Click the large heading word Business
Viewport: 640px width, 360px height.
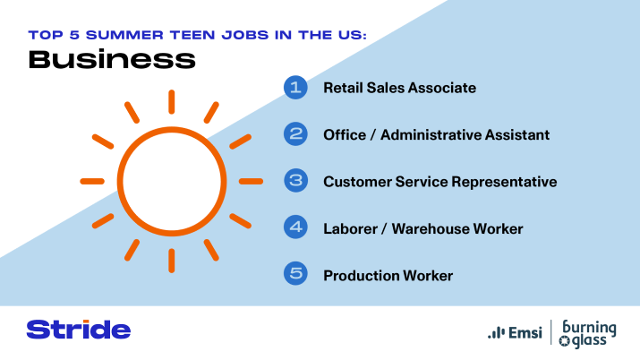tap(111, 60)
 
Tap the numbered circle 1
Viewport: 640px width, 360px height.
tap(295, 88)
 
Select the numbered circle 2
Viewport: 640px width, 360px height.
tap(295, 134)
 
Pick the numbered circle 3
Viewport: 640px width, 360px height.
tap(295, 181)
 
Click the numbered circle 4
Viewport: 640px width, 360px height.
tap(295, 227)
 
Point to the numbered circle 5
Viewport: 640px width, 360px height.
tap(295, 274)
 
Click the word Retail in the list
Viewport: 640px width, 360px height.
tap(343, 88)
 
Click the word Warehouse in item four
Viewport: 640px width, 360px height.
tap(434, 228)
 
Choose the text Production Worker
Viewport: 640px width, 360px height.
tap(388, 275)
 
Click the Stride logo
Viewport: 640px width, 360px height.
tap(79, 329)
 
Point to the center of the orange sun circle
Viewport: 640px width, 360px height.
tap(169, 181)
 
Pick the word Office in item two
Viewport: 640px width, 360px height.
tap(345, 134)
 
